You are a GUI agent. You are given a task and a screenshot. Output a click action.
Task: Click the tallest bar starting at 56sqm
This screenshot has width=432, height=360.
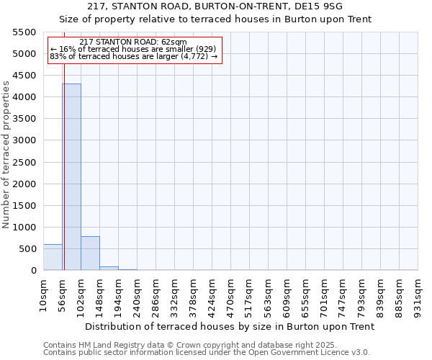(71, 176)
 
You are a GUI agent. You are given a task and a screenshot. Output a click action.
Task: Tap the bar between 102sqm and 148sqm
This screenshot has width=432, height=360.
(90, 253)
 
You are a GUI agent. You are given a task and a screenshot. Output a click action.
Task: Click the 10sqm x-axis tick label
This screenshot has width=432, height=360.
(43, 295)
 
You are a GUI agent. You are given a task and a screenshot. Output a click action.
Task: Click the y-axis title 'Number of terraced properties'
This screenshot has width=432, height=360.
(6, 154)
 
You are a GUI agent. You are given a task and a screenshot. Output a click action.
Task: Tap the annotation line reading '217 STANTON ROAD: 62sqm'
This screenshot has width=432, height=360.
(133, 42)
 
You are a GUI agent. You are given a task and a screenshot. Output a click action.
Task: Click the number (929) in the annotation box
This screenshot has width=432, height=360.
(201, 49)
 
